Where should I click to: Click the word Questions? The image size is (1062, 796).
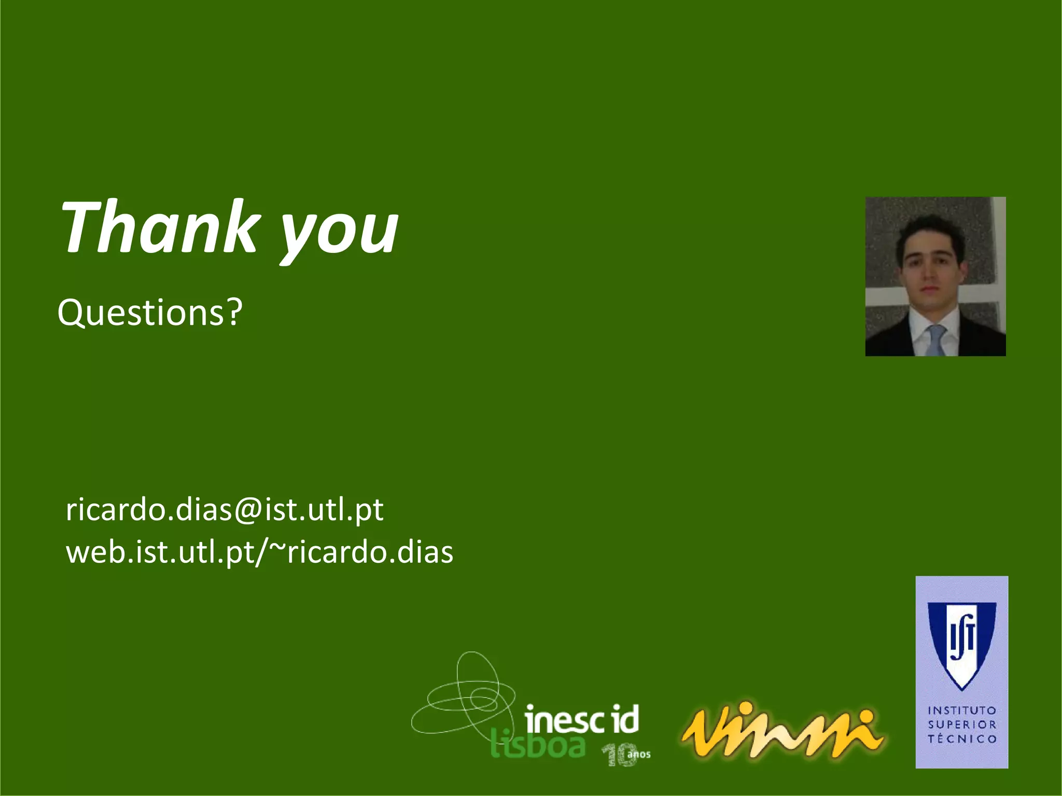pos(149,312)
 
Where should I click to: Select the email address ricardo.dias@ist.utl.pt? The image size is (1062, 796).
pos(224,509)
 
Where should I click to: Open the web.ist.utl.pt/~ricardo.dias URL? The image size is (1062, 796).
pos(259,552)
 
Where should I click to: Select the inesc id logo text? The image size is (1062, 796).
pos(581,720)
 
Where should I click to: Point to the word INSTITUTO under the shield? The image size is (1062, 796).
pos(962,710)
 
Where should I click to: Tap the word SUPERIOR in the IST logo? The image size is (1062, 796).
pos(962,724)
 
